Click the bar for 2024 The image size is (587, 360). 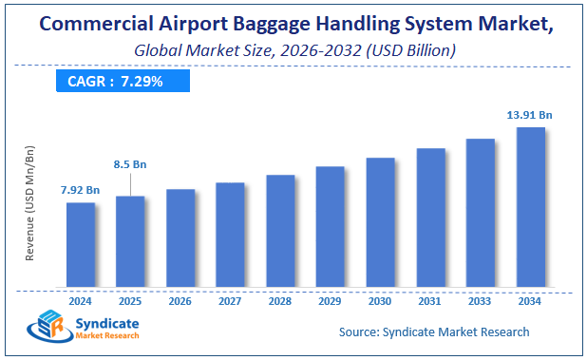click(x=81, y=244)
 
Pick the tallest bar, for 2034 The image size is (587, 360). click(x=530, y=206)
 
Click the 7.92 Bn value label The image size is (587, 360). click(x=81, y=190)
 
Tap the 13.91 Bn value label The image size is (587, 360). click(x=529, y=115)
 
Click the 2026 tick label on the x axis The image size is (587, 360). click(x=180, y=301)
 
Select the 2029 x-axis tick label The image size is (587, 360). click(x=330, y=301)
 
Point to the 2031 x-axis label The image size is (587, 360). click(x=430, y=301)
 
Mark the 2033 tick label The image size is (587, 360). click(x=480, y=301)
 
